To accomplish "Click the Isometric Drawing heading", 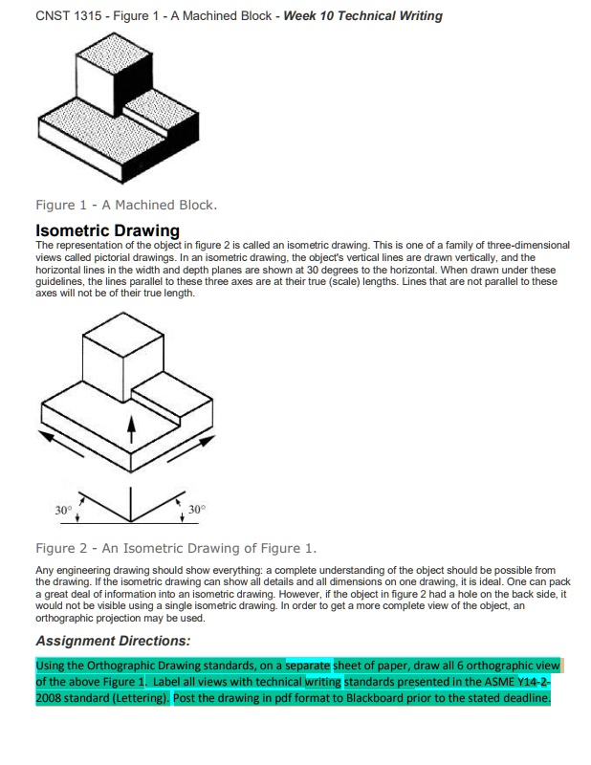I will pos(107,230).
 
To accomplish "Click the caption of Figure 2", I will pos(175,548).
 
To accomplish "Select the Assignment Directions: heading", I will pos(113,641).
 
